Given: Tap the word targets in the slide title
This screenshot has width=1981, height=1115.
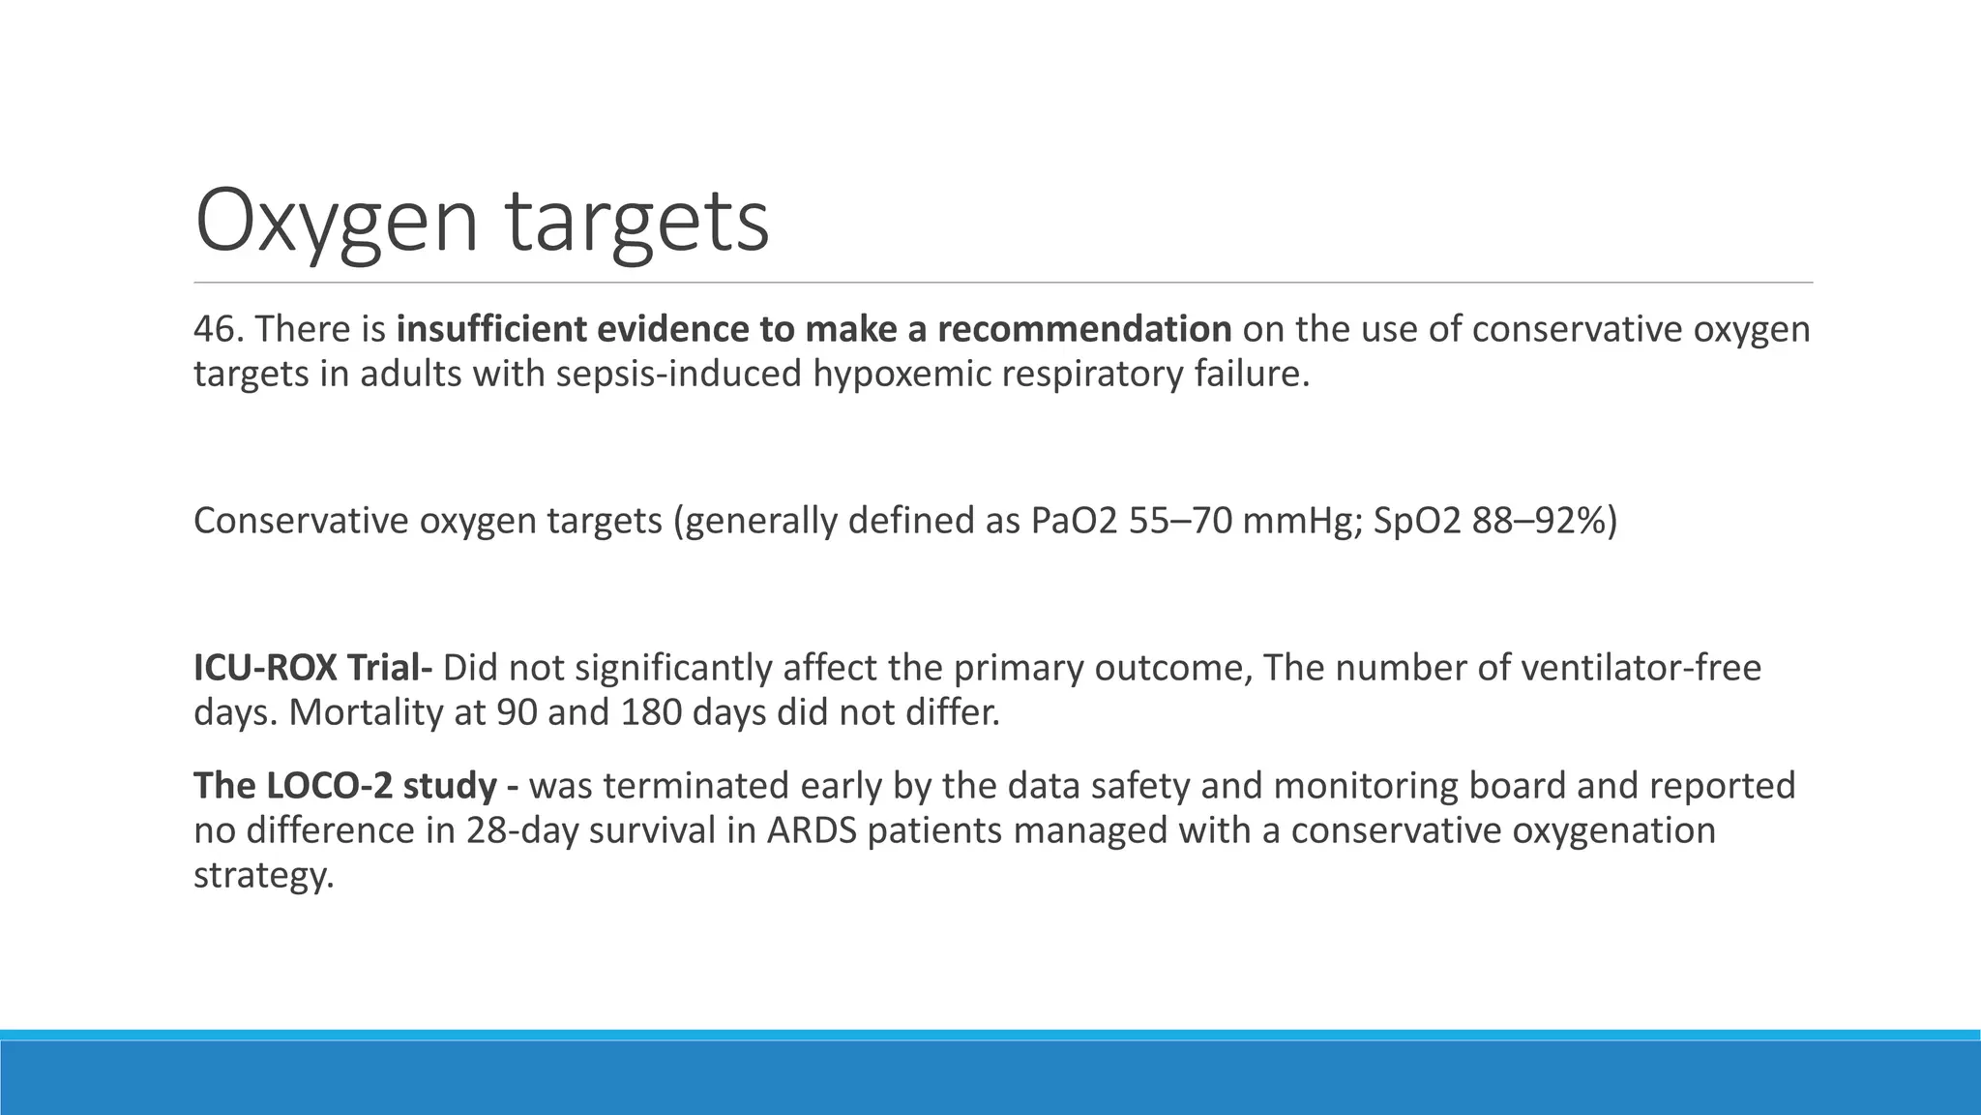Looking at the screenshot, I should point(637,222).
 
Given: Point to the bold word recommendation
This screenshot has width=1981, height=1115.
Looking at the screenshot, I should point(1083,329).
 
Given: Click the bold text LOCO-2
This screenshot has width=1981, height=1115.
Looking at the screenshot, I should point(330,785).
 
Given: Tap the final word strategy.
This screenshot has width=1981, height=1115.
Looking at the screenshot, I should point(262,875).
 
